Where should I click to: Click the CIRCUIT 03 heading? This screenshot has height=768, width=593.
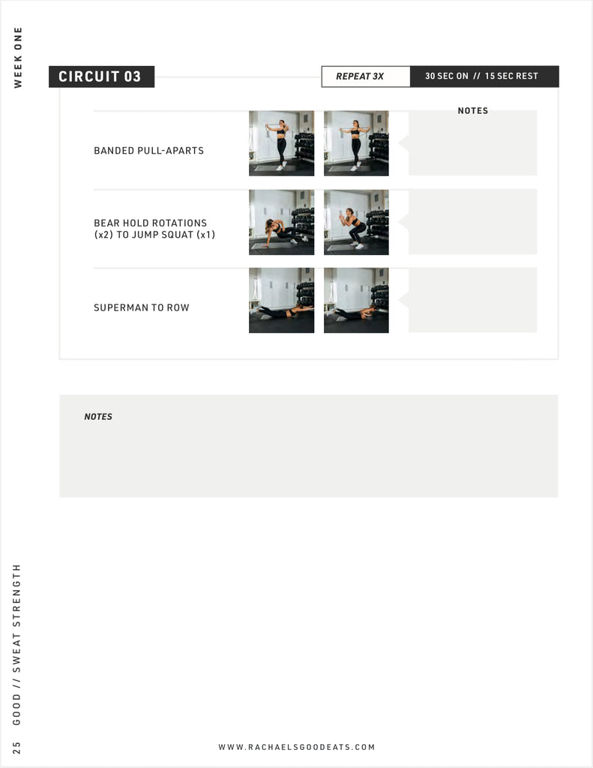pyautogui.click(x=100, y=76)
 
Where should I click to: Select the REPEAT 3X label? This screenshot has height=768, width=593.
pyautogui.click(x=360, y=76)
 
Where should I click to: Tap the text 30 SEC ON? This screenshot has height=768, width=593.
pyautogui.click(x=447, y=76)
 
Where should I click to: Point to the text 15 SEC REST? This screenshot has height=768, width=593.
pyautogui.click(x=511, y=76)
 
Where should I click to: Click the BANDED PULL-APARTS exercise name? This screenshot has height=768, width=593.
pyautogui.click(x=149, y=150)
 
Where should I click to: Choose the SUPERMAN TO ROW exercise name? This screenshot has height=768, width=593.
pyautogui.click(x=142, y=307)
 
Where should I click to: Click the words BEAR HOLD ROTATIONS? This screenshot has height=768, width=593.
pyautogui.click(x=151, y=223)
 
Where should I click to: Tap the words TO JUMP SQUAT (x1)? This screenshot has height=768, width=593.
pyautogui.click(x=166, y=235)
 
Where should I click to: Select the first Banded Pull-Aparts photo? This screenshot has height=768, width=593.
pyautogui.click(x=282, y=143)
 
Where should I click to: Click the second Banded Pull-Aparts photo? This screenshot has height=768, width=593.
pyautogui.click(x=357, y=143)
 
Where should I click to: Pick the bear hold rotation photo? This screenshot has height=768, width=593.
pyautogui.click(x=282, y=222)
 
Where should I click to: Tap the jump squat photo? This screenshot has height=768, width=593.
pyautogui.click(x=357, y=222)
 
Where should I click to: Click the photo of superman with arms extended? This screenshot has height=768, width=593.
pyautogui.click(x=282, y=300)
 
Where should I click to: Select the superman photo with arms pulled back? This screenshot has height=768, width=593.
pyautogui.click(x=357, y=300)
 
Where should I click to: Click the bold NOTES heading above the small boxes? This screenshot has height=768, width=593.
pyautogui.click(x=473, y=111)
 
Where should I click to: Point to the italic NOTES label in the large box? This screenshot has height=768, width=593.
pyautogui.click(x=98, y=417)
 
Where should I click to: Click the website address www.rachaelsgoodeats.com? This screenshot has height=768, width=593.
pyautogui.click(x=297, y=747)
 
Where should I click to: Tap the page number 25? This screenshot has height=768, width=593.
pyautogui.click(x=16, y=748)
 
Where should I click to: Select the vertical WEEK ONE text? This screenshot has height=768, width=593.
pyautogui.click(x=18, y=58)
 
